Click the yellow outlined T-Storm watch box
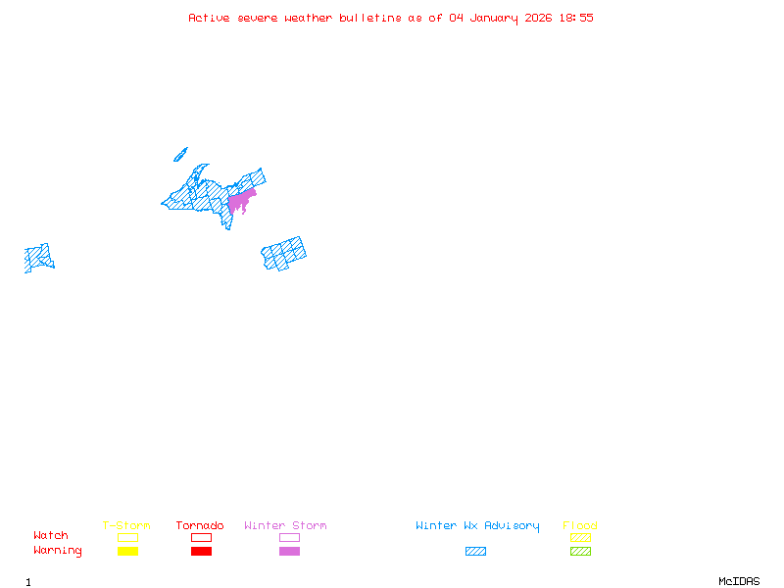click(127, 537)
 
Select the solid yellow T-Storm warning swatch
click(127, 551)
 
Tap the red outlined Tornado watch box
click(201, 537)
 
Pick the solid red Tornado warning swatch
click(201, 551)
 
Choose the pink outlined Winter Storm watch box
click(289, 537)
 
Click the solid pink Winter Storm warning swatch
click(289, 551)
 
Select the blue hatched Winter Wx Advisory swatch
click(475, 551)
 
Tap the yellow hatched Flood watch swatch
click(580, 537)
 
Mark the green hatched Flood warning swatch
click(580, 551)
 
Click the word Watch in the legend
click(51, 536)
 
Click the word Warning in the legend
click(58, 551)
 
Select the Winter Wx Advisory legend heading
click(477, 526)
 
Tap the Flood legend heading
click(580, 526)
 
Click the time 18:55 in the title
click(577, 18)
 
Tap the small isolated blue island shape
click(180, 154)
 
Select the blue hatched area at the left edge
click(38, 258)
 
